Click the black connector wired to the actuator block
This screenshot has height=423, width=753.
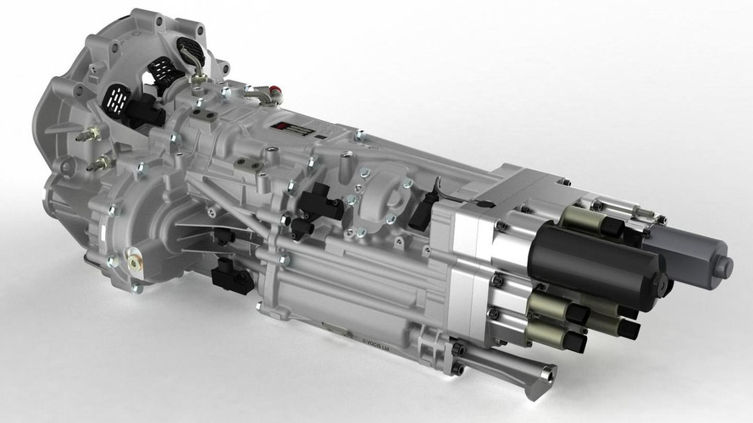423,211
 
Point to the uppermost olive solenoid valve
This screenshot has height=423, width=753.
593,222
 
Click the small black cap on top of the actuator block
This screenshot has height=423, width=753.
485,203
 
